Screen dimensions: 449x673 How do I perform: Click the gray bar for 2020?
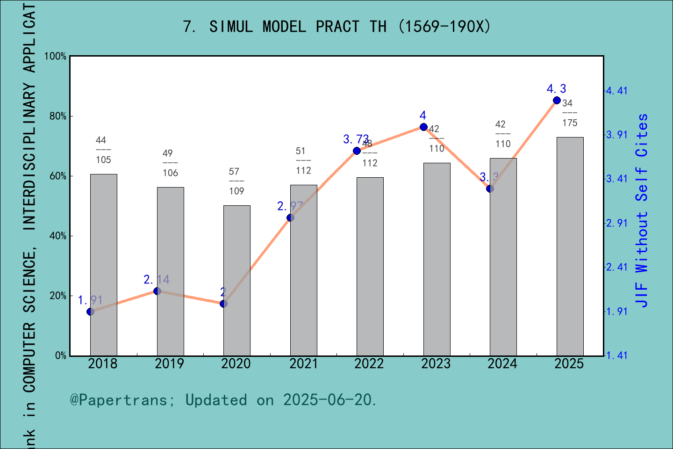point(236,281)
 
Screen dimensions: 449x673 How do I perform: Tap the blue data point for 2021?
point(290,217)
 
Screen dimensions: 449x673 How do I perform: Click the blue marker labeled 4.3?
point(557,100)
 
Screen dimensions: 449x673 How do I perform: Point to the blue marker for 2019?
point(157,291)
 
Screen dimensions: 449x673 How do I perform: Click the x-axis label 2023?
point(436,364)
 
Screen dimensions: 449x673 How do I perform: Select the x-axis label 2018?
point(102,364)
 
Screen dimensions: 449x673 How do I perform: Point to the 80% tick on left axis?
point(58,116)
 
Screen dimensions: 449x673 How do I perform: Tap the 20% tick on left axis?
point(58,296)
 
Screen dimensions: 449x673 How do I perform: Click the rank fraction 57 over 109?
point(236,181)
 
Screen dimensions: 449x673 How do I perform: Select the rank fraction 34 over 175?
point(569,113)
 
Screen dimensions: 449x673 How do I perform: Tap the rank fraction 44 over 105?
point(103,150)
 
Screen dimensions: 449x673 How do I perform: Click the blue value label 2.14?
point(157,280)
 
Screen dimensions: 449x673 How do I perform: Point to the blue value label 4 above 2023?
point(423,116)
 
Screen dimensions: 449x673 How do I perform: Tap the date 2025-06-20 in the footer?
point(327,400)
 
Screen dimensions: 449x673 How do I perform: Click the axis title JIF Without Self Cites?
point(642,210)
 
